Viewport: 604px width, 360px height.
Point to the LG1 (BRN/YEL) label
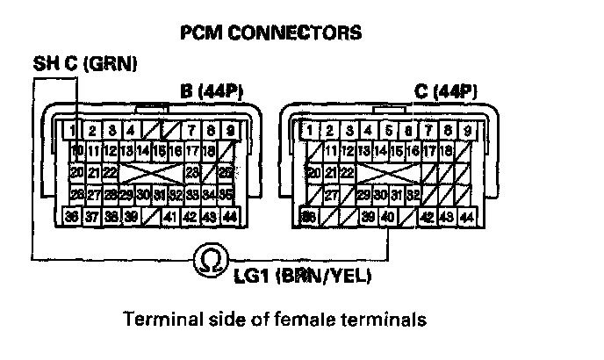coord(303,278)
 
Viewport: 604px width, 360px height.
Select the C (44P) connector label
coord(446,90)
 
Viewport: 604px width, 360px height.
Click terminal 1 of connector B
coord(76,131)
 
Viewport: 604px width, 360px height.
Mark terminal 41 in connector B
coord(170,215)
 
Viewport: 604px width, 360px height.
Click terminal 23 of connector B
coord(192,173)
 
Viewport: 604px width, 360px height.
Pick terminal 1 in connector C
coord(309,131)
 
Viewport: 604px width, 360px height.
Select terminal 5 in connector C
coord(388,131)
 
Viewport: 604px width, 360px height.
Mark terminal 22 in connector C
coord(349,173)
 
